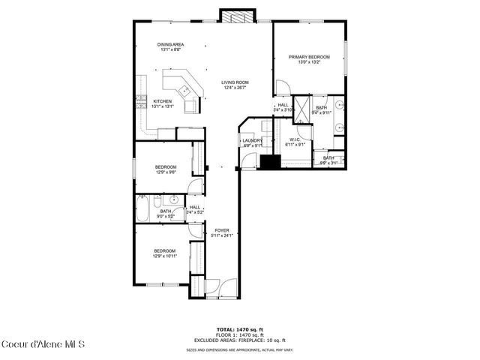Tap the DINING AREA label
pos(171,45)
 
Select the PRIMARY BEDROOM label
pos(309,57)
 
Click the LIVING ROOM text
pos(235,82)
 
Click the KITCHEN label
pos(163,101)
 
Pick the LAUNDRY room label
pos(250,140)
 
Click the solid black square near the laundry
pos(268,160)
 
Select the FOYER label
pos(222,230)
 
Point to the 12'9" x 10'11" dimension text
pos(165,256)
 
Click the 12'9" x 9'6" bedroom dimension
pos(166,172)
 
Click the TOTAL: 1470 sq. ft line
pos(240,329)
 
